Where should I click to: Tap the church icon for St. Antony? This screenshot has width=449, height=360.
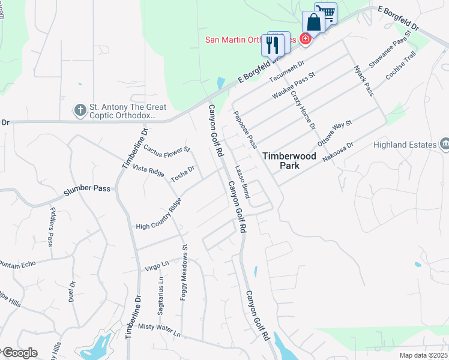(x=80, y=110)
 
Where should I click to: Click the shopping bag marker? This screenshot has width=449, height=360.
(x=313, y=23)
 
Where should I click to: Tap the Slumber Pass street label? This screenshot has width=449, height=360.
(x=87, y=188)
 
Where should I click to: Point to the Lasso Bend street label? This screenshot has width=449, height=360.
(x=243, y=182)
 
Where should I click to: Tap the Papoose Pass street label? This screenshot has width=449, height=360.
(x=246, y=130)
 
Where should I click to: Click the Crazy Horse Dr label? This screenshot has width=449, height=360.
(x=303, y=110)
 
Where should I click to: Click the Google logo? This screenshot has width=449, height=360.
(x=19, y=353)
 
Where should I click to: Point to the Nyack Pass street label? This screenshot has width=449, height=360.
(x=364, y=81)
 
